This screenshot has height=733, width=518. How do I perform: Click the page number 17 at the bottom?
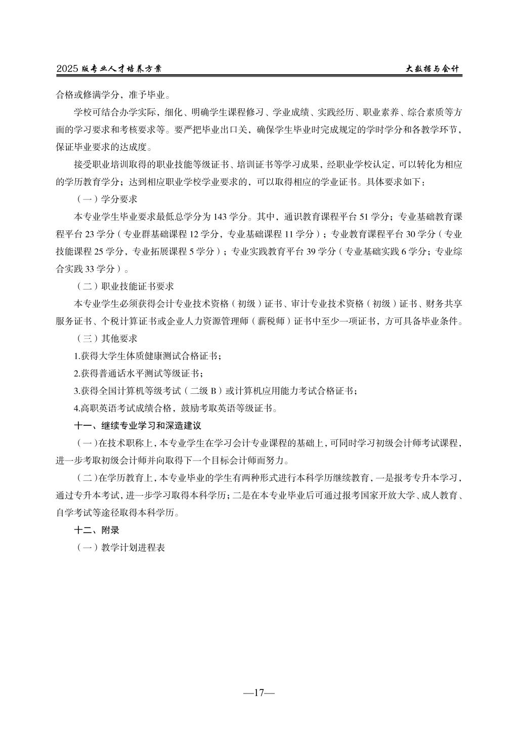(258, 693)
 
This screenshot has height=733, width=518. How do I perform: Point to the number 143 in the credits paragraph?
(221, 217)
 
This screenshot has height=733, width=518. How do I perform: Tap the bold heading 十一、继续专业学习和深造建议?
(138, 426)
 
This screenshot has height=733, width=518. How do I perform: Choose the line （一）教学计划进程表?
(119, 547)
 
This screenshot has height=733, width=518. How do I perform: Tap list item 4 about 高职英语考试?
(175, 408)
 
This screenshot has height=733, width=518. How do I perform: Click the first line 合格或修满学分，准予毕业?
(113, 94)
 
